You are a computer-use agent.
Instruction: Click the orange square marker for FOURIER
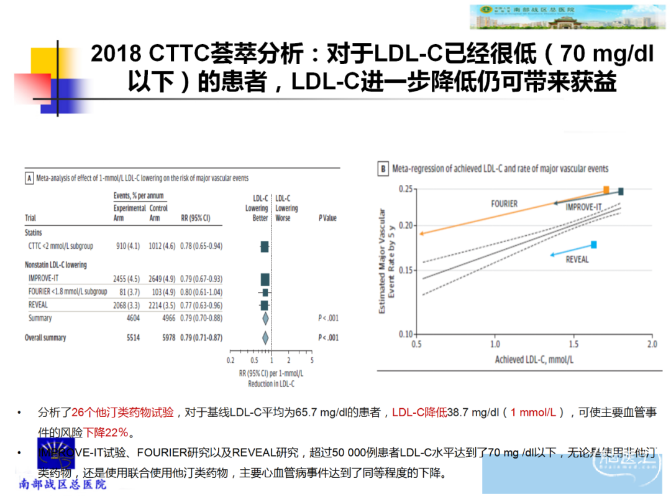click(606, 190)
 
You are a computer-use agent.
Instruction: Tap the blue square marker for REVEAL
click(594, 245)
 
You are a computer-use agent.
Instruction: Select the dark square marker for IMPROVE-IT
click(620, 192)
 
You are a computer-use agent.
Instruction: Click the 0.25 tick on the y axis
click(405, 189)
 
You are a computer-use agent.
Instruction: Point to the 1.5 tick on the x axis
click(573, 344)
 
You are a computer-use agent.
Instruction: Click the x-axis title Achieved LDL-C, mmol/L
click(534, 360)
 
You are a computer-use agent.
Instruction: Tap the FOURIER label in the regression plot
click(504, 203)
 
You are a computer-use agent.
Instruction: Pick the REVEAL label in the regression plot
click(577, 259)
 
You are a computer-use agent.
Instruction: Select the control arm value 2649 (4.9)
click(163, 278)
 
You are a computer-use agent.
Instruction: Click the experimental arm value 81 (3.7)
click(126, 292)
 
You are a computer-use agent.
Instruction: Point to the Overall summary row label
click(45, 338)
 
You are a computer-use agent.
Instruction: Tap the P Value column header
click(327, 218)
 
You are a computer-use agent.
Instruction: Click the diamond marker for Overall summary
click(265, 338)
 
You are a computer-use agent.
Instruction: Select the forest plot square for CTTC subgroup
click(265, 246)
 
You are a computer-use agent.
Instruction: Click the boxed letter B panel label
click(384, 169)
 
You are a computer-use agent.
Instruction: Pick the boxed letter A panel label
click(29, 178)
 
